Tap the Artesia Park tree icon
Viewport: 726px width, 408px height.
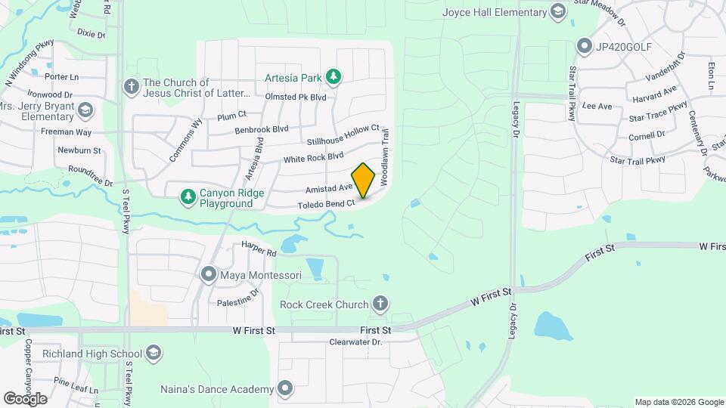point(333,76)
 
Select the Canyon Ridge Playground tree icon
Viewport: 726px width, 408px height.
point(187,197)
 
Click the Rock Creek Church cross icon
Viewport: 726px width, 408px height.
point(380,304)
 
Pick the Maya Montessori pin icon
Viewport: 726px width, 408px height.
point(208,274)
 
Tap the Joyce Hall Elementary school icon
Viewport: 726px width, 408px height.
point(558,11)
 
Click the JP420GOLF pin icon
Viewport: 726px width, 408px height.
point(584,46)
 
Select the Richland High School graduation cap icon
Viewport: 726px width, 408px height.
point(154,353)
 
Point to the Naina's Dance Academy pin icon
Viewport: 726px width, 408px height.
point(284,389)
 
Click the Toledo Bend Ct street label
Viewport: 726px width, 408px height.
point(327,204)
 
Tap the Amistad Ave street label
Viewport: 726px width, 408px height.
point(329,187)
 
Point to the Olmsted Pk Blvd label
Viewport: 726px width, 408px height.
point(295,97)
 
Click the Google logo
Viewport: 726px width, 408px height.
point(25,399)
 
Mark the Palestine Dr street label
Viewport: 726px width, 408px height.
point(239,301)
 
